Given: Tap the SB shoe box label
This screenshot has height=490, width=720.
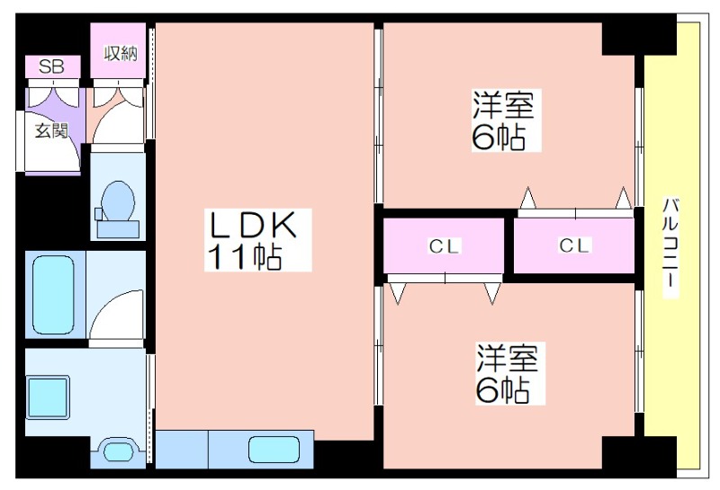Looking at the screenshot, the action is click(x=51, y=67).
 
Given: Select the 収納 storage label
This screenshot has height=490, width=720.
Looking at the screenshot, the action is click(x=121, y=54).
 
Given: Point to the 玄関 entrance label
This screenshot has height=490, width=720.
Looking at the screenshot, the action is click(x=51, y=130).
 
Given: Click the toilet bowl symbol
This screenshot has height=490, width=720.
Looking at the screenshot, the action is click(x=118, y=201).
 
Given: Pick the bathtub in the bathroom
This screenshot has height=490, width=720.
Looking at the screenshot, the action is click(x=54, y=295).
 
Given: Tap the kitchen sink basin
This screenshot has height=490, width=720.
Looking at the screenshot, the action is click(x=274, y=450).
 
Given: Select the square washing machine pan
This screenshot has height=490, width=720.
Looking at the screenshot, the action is click(x=49, y=397).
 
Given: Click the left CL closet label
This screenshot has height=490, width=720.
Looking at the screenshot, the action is click(x=444, y=247).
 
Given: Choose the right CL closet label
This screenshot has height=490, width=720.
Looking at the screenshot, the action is click(x=574, y=245).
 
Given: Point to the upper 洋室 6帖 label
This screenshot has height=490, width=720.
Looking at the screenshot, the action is click(x=504, y=120).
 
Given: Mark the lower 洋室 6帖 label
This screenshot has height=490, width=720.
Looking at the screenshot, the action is click(x=508, y=373).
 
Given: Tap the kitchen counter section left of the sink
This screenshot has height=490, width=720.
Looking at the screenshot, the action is click(x=183, y=450).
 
